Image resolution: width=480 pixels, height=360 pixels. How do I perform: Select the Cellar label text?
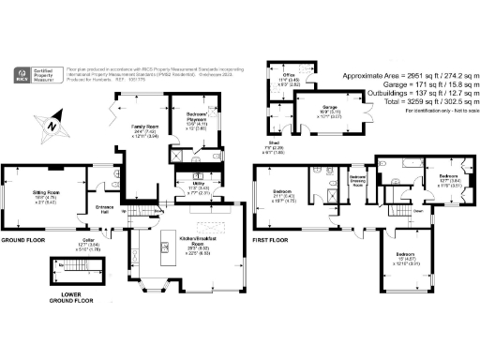tap(87, 244)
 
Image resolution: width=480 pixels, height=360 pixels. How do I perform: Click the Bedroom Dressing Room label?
tap(357, 179)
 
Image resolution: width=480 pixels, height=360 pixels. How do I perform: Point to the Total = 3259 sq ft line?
tap(408, 101)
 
